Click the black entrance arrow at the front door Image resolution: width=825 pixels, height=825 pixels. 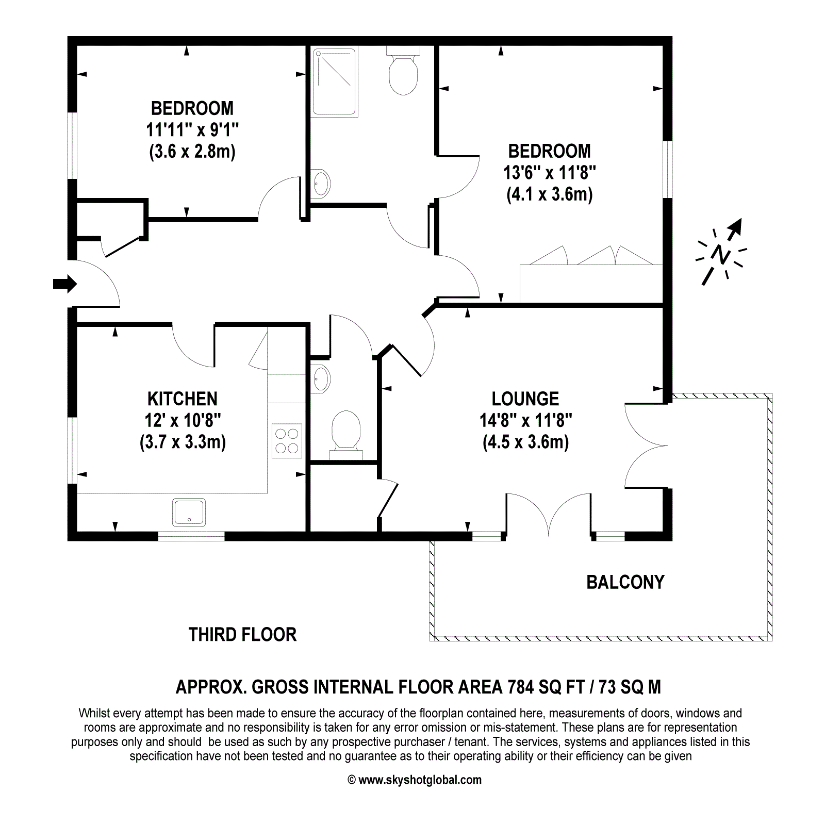tap(65, 284)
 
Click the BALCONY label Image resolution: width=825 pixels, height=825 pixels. tap(625, 582)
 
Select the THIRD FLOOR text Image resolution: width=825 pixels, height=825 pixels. tap(242, 634)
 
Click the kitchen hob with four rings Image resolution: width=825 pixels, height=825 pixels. tap(287, 441)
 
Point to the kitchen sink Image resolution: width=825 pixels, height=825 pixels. tap(189, 513)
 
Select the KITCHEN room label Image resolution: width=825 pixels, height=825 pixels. tap(183, 399)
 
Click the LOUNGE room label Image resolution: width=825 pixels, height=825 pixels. tap(525, 399)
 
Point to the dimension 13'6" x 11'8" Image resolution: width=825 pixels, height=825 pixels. tap(550, 172)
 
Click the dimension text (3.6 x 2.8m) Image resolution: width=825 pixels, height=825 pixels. tap(192, 152)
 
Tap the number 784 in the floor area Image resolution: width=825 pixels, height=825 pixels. tap(521, 687)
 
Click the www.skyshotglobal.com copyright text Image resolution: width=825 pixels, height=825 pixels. tap(415, 780)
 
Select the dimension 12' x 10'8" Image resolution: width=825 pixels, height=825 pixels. tap(183, 420)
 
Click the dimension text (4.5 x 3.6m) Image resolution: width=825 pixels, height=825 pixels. tap(526, 442)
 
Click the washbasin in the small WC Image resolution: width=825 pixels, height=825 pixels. tap(321, 379)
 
